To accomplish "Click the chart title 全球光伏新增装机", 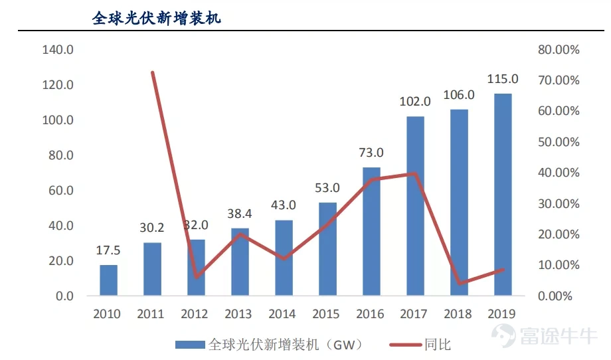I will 156,18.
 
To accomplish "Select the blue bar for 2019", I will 503,195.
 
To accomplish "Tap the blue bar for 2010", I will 109,280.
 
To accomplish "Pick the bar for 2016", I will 371,231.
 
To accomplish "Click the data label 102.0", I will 415,102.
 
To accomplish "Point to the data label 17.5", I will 109,250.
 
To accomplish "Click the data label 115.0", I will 503,79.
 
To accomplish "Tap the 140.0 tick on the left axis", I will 58,50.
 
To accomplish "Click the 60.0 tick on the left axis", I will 60,191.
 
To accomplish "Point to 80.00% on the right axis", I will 559,50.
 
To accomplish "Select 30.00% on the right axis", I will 559,203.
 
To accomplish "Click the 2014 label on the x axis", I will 284,314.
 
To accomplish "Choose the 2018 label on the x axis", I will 459,314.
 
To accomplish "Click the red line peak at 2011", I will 153,72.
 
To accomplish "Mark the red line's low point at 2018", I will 459,283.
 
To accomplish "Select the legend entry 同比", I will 437,344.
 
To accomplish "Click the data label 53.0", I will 327,188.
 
